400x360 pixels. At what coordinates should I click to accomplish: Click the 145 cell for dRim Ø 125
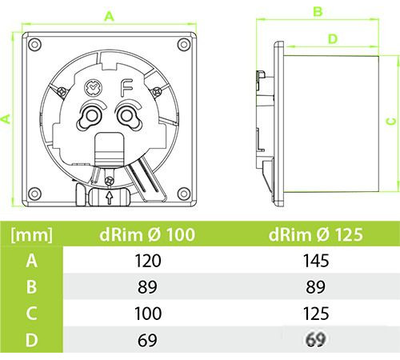point(316,261)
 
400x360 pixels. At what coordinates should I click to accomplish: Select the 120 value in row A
point(148,261)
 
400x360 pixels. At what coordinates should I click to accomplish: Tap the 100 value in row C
point(148,314)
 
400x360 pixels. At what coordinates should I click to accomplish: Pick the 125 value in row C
point(316,314)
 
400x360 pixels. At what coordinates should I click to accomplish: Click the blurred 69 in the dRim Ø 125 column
point(316,339)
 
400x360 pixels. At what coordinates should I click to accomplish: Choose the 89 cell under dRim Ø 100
point(147,287)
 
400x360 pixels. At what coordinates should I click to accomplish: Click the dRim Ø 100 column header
point(147,234)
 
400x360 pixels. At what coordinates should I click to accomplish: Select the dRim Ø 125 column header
point(316,234)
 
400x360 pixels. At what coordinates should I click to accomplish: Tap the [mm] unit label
point(32,235)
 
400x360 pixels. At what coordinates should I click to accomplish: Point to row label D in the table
point(31,340)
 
